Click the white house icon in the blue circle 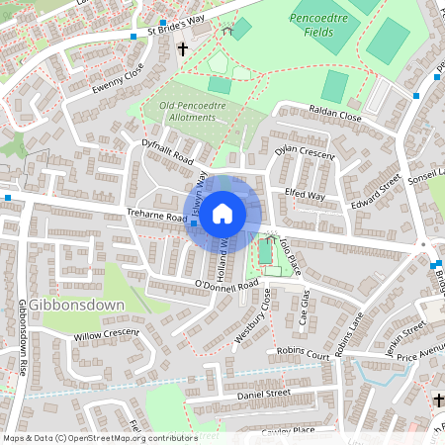click(x=222, y=212)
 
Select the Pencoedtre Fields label click(x=325, y=25)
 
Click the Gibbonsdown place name click(x=77, y=305)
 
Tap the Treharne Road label click(x=156, y=216)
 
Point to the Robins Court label click(x=303, y=353)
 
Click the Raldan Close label click(x=336, y=115)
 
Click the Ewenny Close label click(x=118, y=76)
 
